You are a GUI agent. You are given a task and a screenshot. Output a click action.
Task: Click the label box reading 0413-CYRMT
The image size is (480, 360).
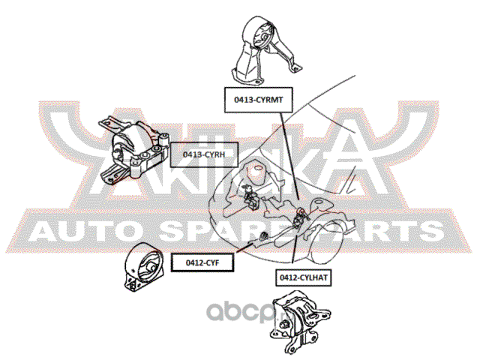coord(256,97)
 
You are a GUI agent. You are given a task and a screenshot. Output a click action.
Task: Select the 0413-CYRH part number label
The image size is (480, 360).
coord(200,154)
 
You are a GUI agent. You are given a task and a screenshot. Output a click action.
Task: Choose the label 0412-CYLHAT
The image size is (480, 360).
coord(305,277)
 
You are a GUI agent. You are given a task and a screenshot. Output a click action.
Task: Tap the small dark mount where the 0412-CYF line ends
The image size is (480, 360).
coord(264,238)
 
